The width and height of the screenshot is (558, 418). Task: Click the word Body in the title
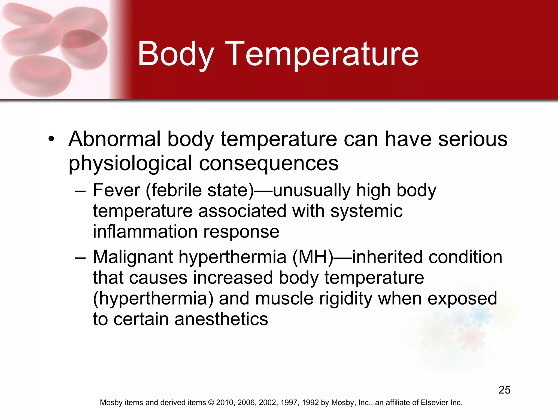176,54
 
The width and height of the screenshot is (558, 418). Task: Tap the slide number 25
504,390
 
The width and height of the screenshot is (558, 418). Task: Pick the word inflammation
145,232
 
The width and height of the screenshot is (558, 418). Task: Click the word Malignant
133,257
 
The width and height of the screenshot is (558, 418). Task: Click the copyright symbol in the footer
211,402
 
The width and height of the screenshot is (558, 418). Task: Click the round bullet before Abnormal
51,139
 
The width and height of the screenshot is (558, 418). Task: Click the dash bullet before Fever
80,190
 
